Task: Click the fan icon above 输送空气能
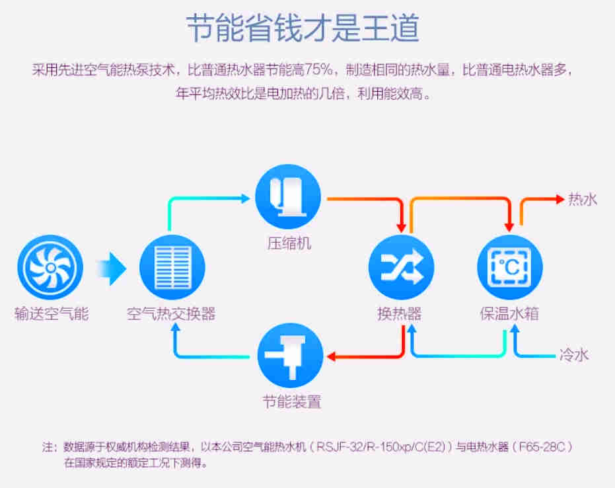[50, 268]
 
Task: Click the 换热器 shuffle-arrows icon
[400, 268]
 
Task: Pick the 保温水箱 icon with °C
[509, 268]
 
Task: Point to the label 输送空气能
[51, 313]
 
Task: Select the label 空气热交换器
[171, 313]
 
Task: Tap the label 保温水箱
[509, 313]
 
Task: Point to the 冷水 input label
[573, 355]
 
